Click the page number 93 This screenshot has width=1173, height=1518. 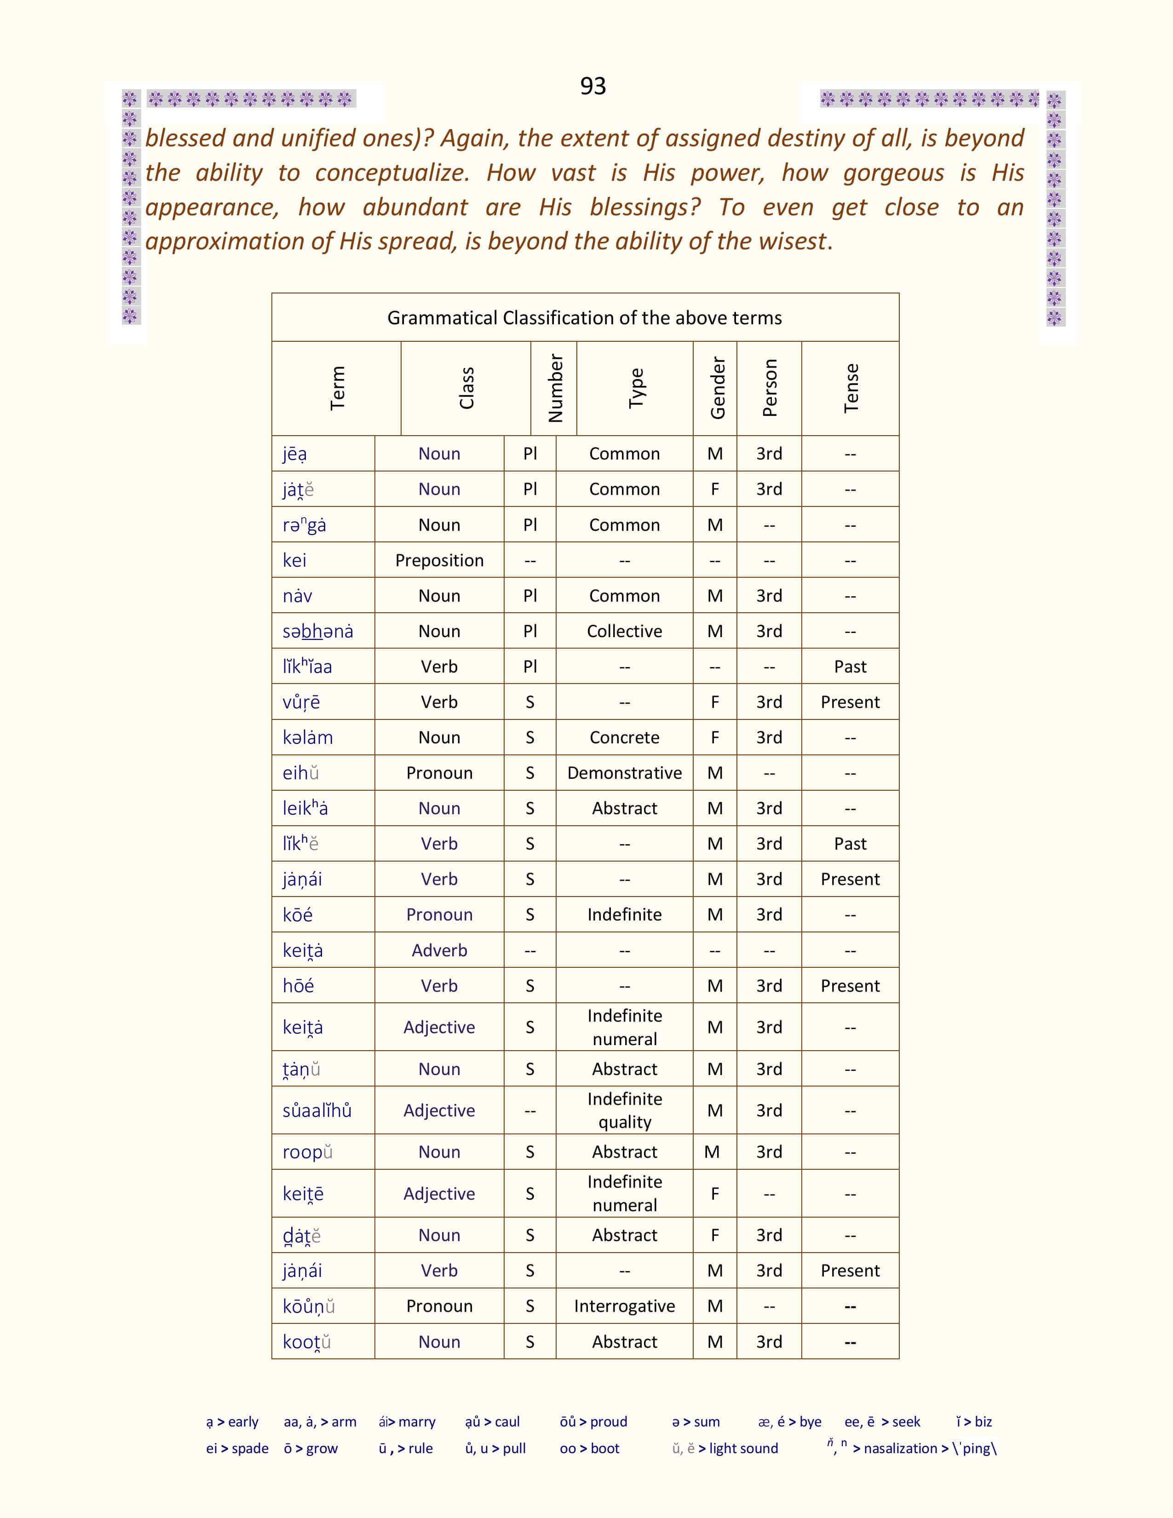(593, 86)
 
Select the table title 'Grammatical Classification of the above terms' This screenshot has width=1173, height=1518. (584, 318)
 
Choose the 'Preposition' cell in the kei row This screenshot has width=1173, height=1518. (439, 560)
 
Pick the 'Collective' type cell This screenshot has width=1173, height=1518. (624, 631)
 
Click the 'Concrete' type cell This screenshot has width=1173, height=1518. (624, 737)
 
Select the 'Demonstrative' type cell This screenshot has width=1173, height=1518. (624, 773)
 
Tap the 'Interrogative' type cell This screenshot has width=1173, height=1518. (624, 1306)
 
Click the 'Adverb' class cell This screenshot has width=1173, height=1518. (439, 950)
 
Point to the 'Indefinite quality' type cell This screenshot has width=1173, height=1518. (624, 1110)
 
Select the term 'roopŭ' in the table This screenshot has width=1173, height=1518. (307, 1152)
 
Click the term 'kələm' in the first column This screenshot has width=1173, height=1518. (307, 737)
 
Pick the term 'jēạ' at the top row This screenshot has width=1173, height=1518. (295, 454)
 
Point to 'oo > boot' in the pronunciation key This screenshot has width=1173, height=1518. (589, 1449)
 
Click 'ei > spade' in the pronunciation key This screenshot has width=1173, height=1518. (237, 1449)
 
